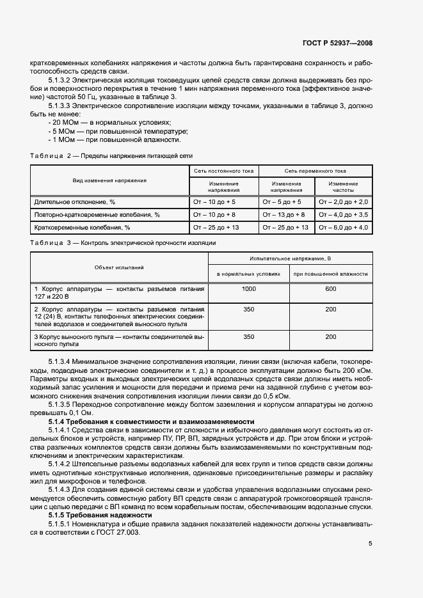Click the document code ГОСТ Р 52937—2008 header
(x=337, y=43)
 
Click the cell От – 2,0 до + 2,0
(x=343, y=201)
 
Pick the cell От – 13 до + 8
(x=283, y=214)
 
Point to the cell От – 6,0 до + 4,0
(x=343, y=227)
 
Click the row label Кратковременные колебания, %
(x=82, y=227)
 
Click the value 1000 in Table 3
(x=249, y=289)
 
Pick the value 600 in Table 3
(x=330, y=289)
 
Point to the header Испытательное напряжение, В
(x=290, y=258)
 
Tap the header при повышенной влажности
(x=330, y=274)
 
